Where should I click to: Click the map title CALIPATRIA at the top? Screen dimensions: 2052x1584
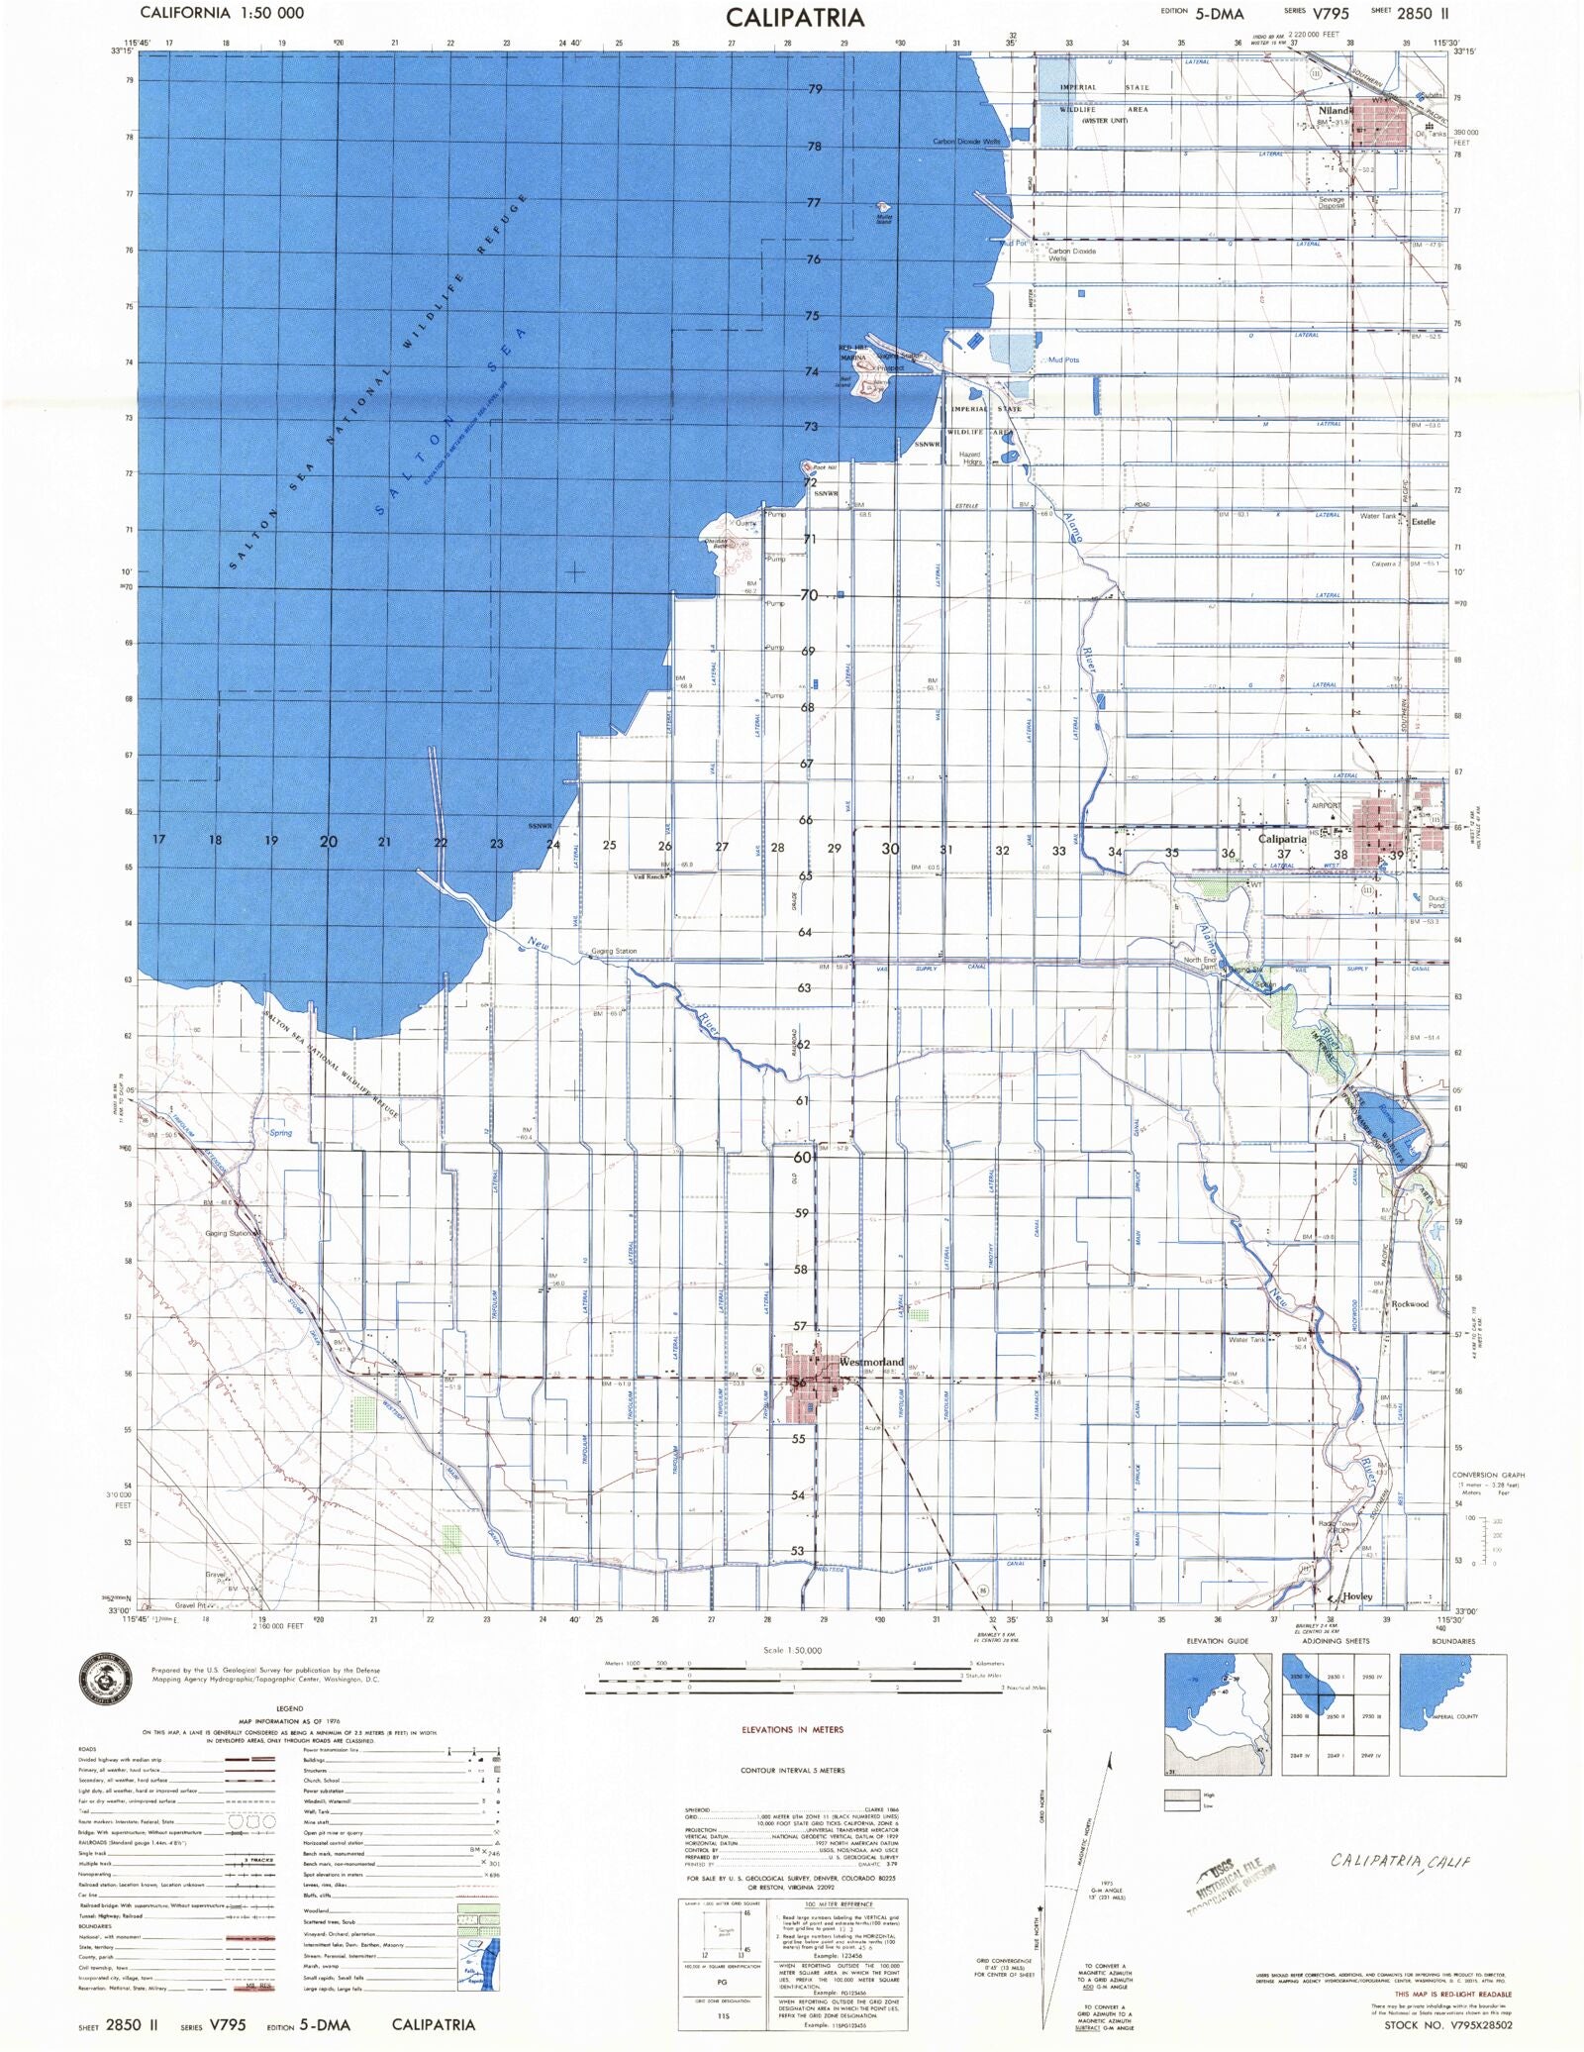click(795, 18)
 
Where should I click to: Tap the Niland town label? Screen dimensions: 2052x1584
click(1334, 111)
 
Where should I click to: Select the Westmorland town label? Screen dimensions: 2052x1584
click(871, 1362)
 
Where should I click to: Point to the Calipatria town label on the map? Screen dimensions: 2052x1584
click(1282, 839)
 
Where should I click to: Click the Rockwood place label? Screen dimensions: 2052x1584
click(1410, 1304)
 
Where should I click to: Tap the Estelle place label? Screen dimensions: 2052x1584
click(1423, 522)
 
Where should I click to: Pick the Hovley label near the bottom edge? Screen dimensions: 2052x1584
click(1357, 1596)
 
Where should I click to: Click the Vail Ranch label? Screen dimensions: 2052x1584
click(649, 876)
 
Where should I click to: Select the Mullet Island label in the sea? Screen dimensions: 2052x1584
click(884, 219)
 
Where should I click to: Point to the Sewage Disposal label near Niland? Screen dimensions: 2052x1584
click(1332, 202)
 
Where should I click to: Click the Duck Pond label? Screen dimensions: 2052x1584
click(1436, 902)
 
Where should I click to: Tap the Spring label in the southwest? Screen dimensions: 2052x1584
click(280, 1132)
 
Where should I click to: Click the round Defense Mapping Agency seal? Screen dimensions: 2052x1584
click(105, 1680)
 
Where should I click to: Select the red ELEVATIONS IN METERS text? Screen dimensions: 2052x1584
click(792, 1729)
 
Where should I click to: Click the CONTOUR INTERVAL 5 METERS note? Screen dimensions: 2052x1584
click(792, 1770)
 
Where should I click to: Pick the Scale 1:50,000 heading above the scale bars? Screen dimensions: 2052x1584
click(792, 1650)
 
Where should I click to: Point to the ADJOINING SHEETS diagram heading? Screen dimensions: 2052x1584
click(1336, 1641)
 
